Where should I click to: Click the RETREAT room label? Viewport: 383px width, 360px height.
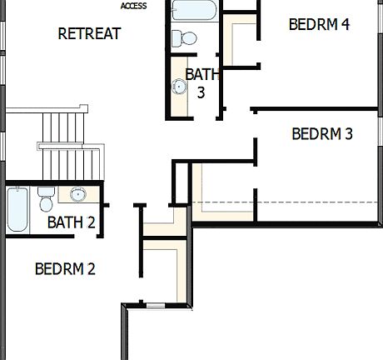coord(89,34)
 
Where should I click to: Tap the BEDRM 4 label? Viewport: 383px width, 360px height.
coord(319,23)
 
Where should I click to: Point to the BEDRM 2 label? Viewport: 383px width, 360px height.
coord(65,268)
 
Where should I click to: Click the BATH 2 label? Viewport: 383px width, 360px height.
coord(72,222)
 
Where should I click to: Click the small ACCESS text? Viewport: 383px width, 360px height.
coord(133,6)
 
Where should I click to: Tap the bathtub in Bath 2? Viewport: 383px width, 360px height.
coord(17,210)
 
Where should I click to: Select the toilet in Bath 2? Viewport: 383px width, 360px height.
coord(47,200)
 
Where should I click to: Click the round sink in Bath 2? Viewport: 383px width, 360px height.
coord(78,195)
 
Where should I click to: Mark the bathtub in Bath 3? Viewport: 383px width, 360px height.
coord(194,10)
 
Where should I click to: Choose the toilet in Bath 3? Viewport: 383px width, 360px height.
coord(182,38)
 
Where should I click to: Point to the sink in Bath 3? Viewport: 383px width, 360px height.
coord(179,86)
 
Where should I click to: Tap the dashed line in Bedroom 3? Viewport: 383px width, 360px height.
coord(291,202)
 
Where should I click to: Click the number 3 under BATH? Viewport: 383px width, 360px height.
coord(201,92)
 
